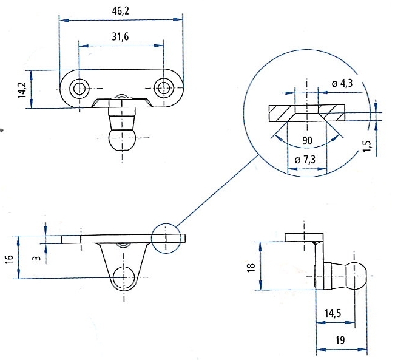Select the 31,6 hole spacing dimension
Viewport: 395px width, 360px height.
(x=120, y=36)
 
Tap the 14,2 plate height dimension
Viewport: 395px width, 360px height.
(x=22, y=89)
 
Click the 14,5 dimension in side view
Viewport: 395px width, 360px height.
(x=333, y=313)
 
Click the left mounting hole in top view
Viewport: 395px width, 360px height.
(x=78, y=89)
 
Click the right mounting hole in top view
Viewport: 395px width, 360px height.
(x=163, y=89)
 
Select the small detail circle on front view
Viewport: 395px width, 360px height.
(x=166, y=237)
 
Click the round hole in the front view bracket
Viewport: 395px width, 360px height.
(x=124, y=276)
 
